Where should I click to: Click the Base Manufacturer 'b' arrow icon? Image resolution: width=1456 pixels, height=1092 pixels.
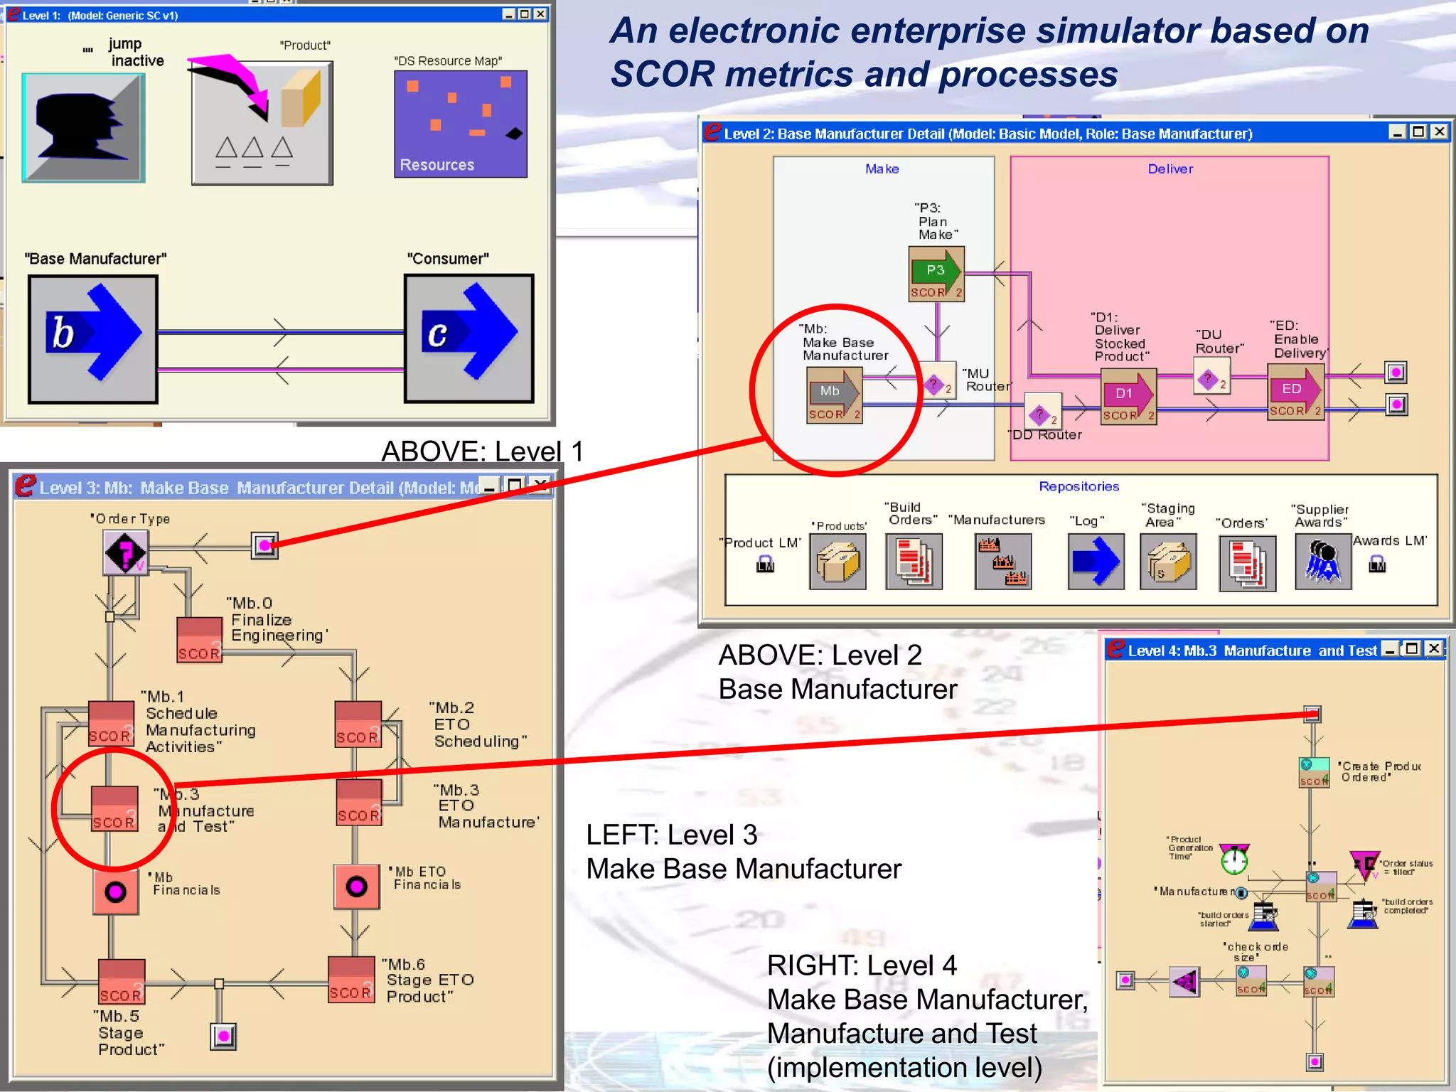(93, 339)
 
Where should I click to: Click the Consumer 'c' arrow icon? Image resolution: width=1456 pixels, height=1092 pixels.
(469, 339)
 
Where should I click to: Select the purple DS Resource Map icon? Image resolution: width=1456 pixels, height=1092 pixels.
(460, 124)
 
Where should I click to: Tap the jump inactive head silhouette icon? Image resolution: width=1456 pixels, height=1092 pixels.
(83, 128)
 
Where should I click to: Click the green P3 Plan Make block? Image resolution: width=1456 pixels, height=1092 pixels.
(936, 274)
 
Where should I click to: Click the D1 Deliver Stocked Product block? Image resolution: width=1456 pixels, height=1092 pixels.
(1128, 397)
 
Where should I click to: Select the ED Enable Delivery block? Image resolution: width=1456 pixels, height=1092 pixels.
(1296, 392)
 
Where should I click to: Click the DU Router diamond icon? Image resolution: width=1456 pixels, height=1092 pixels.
(1211, 380)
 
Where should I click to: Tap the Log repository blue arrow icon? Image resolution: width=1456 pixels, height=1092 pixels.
(1096, 562)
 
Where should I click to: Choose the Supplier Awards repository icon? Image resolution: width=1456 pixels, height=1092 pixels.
(1322, 562)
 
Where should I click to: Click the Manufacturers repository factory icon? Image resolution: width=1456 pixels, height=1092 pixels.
(1002, 562)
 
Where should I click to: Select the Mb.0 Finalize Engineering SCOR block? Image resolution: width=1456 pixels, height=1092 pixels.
(199, 640)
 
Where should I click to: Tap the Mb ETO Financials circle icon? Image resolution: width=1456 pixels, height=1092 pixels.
(356, 887)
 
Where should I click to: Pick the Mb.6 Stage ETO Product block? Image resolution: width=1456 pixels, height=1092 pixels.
(350, 980)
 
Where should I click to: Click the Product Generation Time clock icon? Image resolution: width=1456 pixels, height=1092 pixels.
(1234, 860)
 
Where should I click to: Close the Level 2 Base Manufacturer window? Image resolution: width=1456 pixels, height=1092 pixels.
(1439, 132)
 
